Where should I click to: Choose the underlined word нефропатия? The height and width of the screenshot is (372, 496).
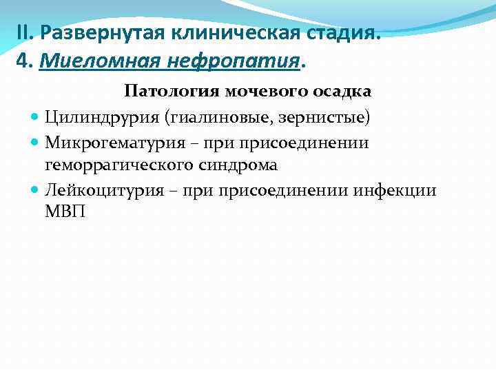pyautogui.click(x=234, y=63)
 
